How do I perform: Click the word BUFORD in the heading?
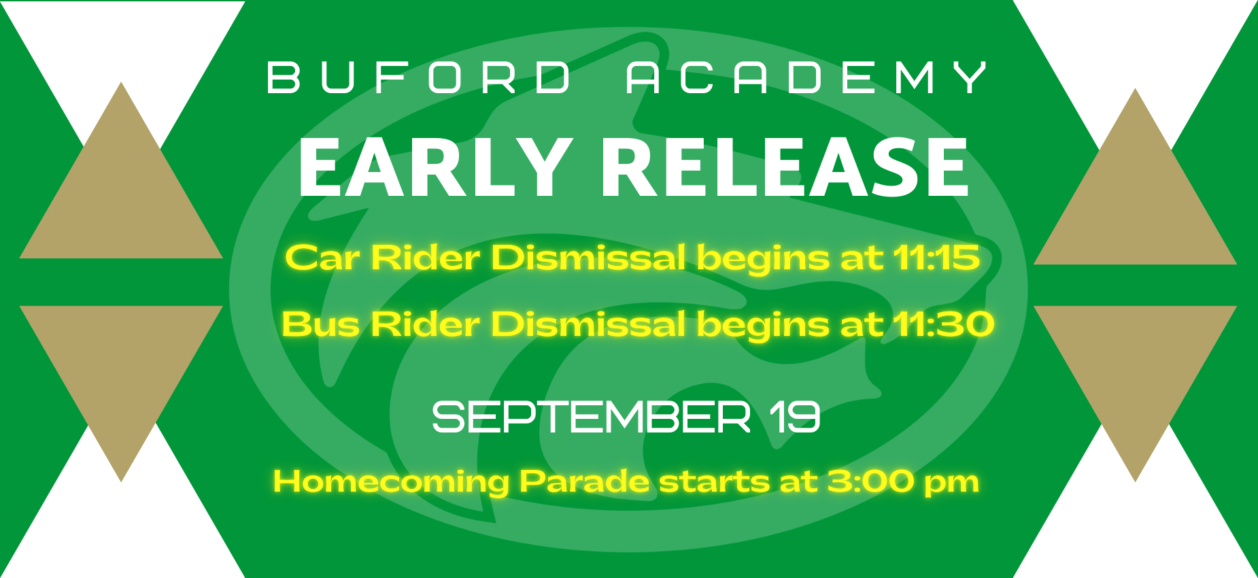[x=419, y=78]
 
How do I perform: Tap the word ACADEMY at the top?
[x=806, y=78]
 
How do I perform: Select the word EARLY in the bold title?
[x=436, y=167]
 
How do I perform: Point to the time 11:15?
[x=936, y=258]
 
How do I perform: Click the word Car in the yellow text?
[x=322, y=258]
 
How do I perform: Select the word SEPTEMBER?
[x=591, y=417]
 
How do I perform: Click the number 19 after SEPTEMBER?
[x=795, y=417]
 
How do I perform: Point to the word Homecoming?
[x=391, y=482]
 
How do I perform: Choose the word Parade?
[x=584, y=481]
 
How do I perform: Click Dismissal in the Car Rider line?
[x=588, y=258]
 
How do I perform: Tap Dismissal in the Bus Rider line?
[x=588, y=324]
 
